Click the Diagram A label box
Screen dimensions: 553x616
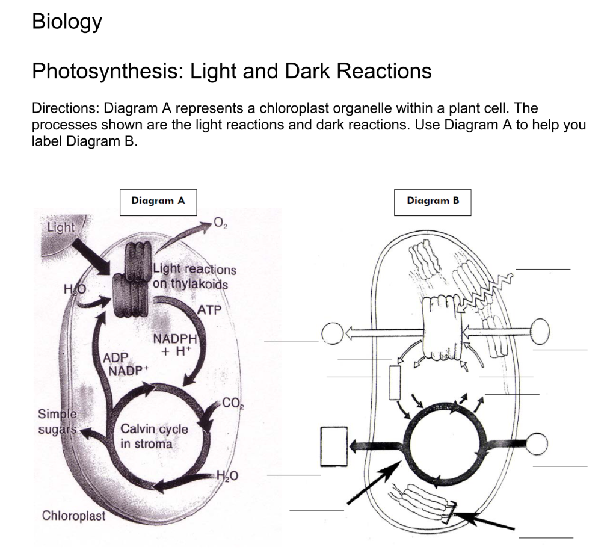158,202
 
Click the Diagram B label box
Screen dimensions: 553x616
433,202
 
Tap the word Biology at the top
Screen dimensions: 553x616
67,22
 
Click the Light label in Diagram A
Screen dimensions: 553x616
61,227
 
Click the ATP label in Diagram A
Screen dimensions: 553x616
210,310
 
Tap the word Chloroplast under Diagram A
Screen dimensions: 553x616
73,516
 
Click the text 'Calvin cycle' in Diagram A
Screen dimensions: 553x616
154,430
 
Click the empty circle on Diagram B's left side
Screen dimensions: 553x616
333,332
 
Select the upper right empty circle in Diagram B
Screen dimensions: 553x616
539,329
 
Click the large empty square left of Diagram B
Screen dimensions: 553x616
334,446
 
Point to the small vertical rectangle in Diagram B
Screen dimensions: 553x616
395,382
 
